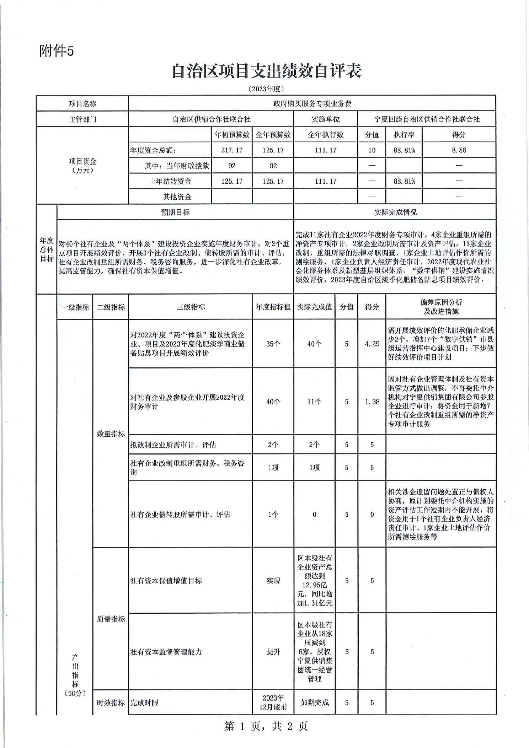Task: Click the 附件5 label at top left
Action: coord(56,51)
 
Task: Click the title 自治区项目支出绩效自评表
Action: coord(266,71)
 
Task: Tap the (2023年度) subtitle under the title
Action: coord(266,89)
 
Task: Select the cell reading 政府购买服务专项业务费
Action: coord(312,104)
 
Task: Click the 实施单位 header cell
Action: coord(325,119)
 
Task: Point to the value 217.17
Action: coord(232,150)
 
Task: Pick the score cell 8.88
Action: coord(459,150)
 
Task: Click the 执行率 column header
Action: coord(404,135)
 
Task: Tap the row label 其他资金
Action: coord(177,197)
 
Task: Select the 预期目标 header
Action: coord(175,212)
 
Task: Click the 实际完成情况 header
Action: coord(395,212)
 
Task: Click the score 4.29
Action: coord(372,344)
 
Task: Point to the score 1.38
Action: coord(372,402)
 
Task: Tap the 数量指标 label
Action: coord(111,434)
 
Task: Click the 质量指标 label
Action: coord(111,619)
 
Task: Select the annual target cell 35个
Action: coord(273,344)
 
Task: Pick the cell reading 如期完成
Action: coord(314,703)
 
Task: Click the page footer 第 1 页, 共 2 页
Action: coord(266,726)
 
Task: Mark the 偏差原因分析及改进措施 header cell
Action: coord(441,307)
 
